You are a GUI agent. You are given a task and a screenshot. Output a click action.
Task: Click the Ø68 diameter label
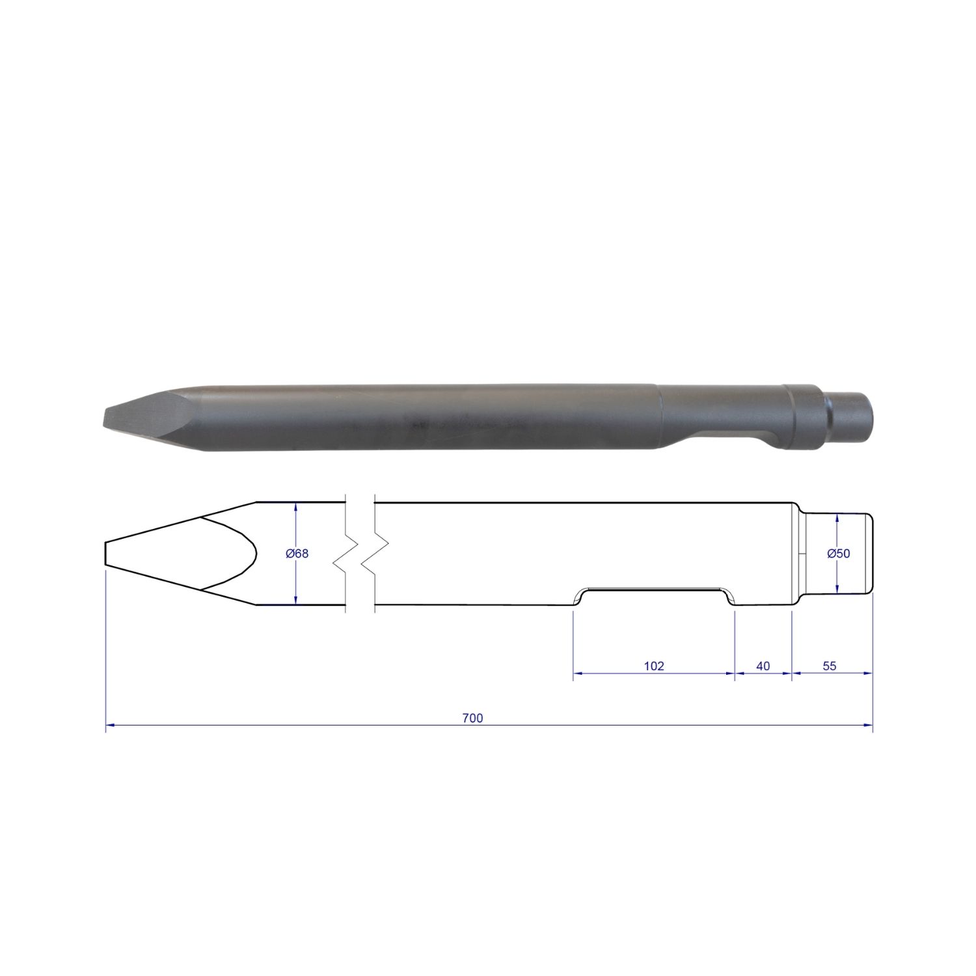(297, 554)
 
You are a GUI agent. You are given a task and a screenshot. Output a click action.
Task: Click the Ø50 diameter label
(839, 554)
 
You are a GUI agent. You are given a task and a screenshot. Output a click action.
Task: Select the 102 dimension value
(654, 666)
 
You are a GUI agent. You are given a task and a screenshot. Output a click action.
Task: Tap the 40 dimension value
(763, 666)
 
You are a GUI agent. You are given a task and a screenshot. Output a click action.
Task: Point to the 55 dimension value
(830, 666)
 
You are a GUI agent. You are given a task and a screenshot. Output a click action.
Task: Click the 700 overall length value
(472, 718)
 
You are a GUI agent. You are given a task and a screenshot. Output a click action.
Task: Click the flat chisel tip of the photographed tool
(106, 417)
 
